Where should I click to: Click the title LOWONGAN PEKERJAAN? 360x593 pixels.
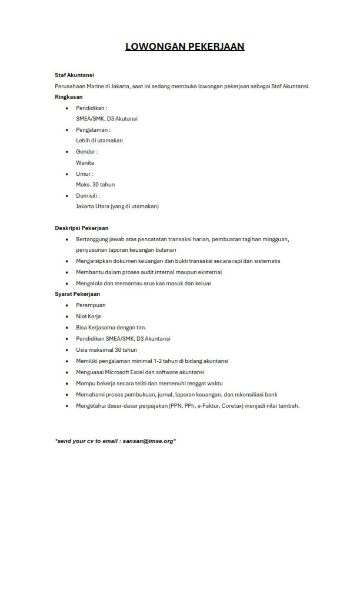[x=185, y=46]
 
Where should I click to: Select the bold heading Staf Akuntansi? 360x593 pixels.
[x=74, y=75]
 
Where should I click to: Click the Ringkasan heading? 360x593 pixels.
[x=69, y=96]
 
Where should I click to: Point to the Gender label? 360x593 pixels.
[x=86, y=152]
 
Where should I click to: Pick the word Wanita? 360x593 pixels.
[x=85, y=162]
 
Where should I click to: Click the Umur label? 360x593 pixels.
[x=84, y=174]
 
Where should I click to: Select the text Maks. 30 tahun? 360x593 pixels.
[x=95, y=185]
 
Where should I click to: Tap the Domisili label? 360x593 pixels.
[x=88, y=195]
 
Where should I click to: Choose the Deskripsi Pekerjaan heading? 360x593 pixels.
[x=82, y=228]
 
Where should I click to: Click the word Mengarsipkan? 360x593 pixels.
[x=95, y=261]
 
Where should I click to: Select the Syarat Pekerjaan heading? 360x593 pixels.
[x=78, y=294]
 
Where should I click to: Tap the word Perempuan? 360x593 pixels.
[x=91, y=305]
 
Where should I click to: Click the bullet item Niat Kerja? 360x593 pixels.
[x=88, y=317]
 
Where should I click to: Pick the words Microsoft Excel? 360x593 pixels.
[x=121, y=372]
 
